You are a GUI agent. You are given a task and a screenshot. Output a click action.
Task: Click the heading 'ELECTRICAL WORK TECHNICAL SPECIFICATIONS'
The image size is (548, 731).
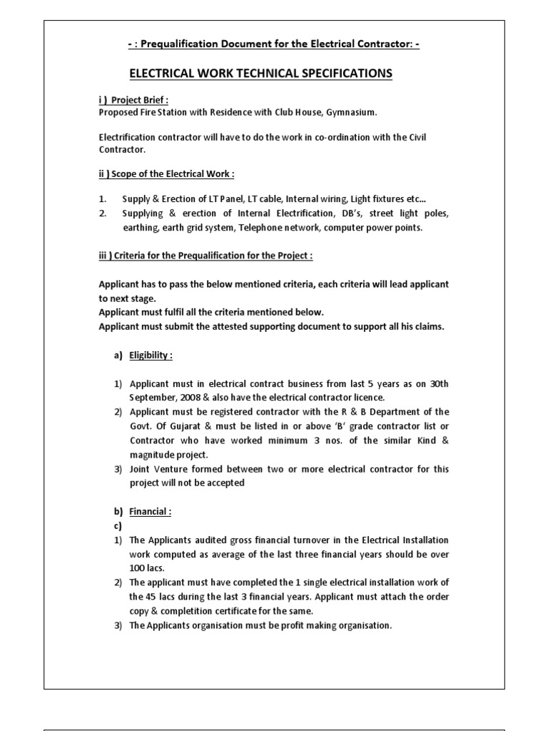pos(260,74)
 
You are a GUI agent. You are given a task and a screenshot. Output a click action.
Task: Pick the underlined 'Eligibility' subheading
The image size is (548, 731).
pos(151,355)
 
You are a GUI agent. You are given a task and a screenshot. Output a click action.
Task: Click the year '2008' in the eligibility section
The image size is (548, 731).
pos(198,396)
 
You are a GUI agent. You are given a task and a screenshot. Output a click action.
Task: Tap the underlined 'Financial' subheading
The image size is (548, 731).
pos(150,512)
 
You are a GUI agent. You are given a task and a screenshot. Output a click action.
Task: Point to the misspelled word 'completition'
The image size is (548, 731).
pos(199,611)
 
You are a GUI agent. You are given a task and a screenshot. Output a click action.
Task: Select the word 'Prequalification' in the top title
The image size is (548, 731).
pos(176,44)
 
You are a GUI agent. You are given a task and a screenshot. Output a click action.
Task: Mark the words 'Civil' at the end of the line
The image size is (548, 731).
pos(415,137)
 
